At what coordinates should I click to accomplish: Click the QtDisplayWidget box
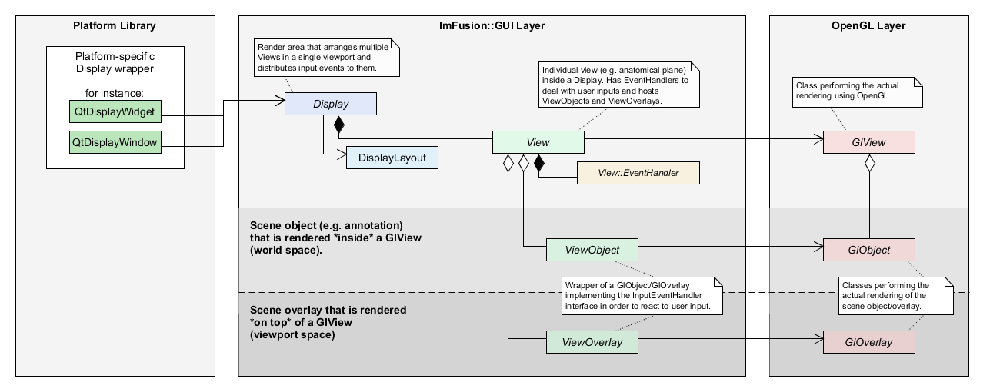[x=115, y=112]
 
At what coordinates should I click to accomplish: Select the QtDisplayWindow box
[x=115, y=142]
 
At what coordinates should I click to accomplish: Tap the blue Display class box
[x=331, y=105]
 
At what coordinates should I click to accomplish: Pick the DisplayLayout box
[x=392, y=158]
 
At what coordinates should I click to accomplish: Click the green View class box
[x=538, y=142]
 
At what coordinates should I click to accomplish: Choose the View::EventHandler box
[x=638, y=173]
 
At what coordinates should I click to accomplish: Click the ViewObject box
[x=592, y=250]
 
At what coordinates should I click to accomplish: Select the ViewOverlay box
[x=592, y=342]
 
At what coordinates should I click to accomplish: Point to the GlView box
[x=868, y=142]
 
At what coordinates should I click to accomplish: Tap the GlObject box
[x=868, y=250]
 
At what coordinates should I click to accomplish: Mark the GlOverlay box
[x=868, y=342]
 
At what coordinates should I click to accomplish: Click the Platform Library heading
[x=115, y=26]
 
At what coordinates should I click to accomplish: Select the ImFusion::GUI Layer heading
[x=492, y=26]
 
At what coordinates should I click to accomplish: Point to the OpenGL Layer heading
[x=868, y=26]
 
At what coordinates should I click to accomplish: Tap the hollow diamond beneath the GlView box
[x=870, y=163]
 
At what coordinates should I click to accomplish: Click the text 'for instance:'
[x=115, y=94]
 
